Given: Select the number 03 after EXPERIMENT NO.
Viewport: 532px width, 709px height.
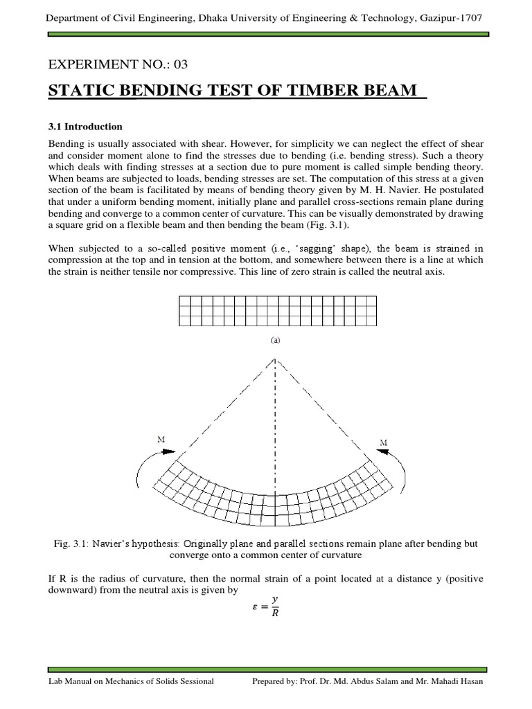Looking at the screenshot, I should pos(179,65).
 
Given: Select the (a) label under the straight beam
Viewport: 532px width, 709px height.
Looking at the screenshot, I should pos(275,340).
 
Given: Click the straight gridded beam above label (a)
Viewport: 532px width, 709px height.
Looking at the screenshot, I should pos(277,310).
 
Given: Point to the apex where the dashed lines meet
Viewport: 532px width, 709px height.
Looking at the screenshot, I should pos(276,359).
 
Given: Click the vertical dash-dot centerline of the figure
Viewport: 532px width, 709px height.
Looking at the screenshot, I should pos(276,429).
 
